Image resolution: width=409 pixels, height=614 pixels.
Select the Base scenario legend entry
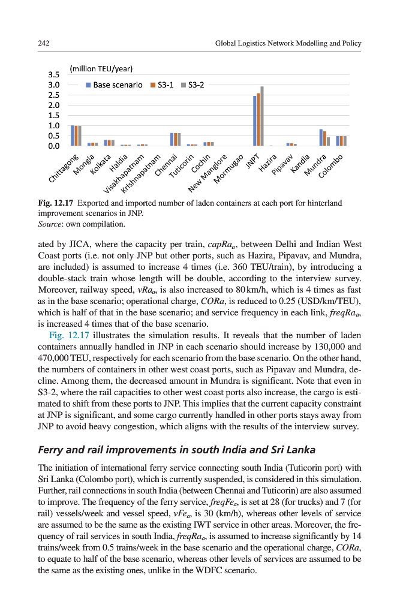point(114,85)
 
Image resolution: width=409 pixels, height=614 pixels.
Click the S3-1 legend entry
point(161,85)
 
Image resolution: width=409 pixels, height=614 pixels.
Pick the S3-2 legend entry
point(193,85)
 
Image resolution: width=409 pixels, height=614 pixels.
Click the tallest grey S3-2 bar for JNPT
point(262,116)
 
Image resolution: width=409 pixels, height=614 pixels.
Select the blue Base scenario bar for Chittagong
point(73,136)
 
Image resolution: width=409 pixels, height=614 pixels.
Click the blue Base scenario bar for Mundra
point(321,137)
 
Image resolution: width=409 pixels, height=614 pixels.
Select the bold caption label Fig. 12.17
point(55,203)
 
